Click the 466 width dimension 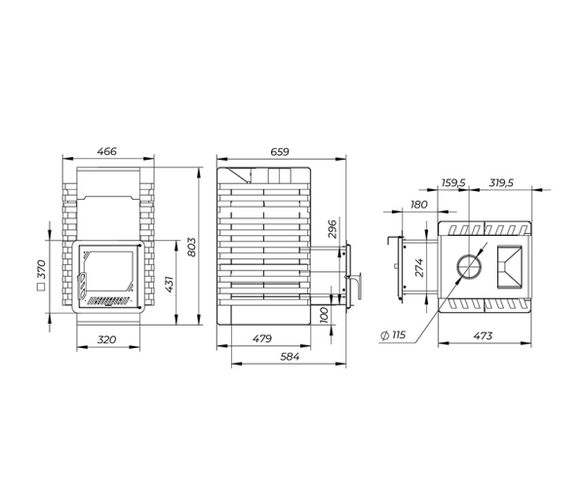point(106,151)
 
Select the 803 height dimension point(191,247)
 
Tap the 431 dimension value point(169,285)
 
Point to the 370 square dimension point(41,275)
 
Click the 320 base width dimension point(106,339)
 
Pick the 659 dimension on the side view point(280,152)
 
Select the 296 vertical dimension point(332,229)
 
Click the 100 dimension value point(325,315)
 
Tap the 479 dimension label point(262,338)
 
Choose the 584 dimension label point(290,357)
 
